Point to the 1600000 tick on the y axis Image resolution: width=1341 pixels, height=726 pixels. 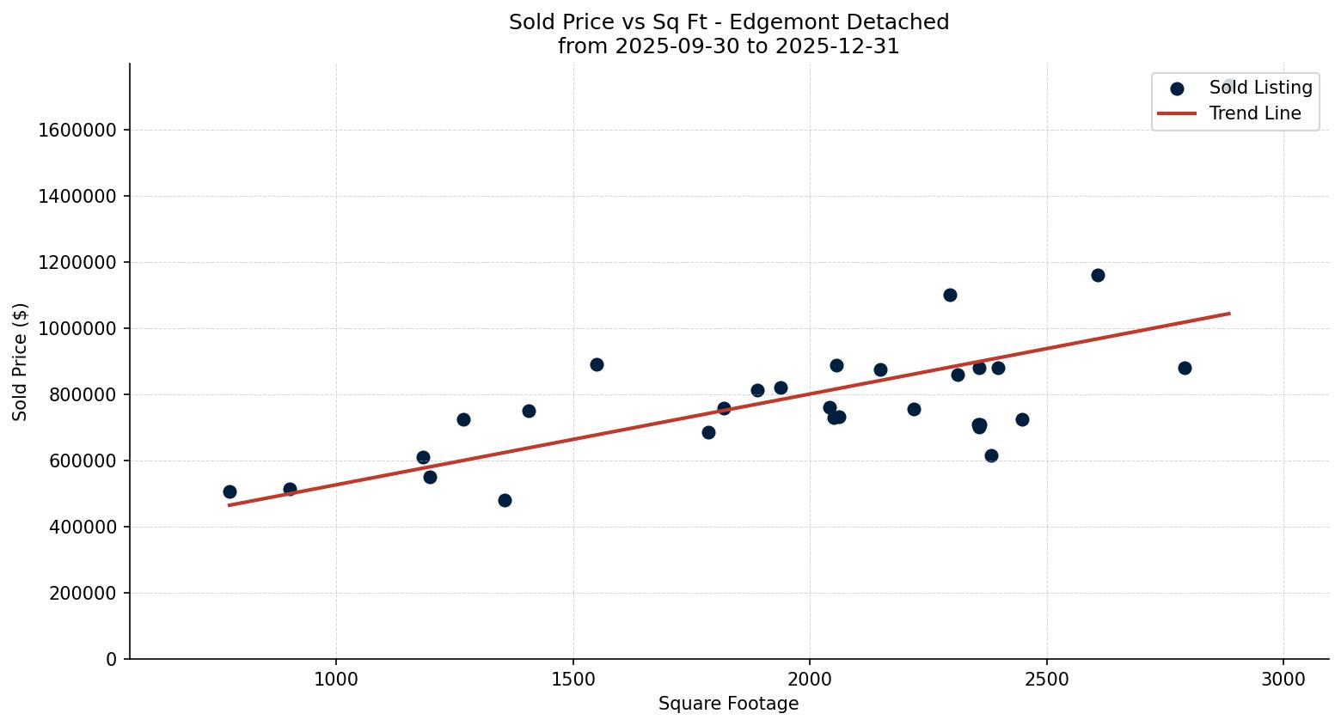(x=77, y=130)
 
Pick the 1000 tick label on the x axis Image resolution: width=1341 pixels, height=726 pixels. (x=336, y=679)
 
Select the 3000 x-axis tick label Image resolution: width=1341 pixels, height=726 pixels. (x=1283, y=679)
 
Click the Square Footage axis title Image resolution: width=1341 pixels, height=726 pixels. (x=728, y=705)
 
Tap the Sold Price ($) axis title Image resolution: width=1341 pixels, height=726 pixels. (x=21, y=362)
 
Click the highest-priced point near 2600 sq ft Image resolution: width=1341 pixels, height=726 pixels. (x=1098, y=275)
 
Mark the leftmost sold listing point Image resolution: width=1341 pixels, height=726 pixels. (x=230, y=491)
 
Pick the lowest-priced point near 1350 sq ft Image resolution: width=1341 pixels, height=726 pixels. (x=505, y=500)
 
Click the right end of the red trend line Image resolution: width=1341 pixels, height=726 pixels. (x=1229, y=314)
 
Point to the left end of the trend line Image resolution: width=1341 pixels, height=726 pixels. (x=230, y=504)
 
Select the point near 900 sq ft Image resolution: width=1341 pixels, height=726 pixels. (x=290, y=489)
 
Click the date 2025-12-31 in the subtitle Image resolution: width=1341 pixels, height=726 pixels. (x=837, y=46)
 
